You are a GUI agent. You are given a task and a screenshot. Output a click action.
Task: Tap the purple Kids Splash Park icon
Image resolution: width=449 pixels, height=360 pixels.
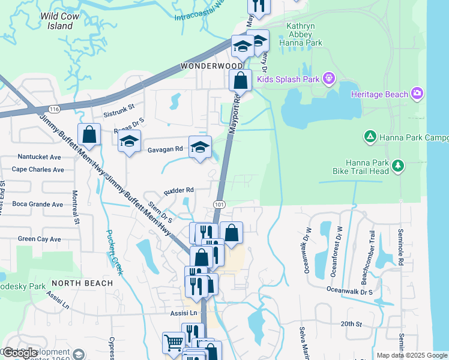coord(328,79)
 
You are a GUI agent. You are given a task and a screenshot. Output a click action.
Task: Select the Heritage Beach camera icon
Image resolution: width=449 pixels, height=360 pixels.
coord(418,94)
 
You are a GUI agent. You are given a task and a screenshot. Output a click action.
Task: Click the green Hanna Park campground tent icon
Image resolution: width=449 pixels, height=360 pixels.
coord(370,137)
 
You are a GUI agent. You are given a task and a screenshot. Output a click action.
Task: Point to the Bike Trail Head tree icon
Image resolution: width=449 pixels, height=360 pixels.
coord(396,166)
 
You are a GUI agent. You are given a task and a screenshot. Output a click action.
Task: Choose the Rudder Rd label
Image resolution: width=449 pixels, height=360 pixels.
coord(179,190)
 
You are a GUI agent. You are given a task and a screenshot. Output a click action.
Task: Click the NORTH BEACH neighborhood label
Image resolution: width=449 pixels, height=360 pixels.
coord(82,283)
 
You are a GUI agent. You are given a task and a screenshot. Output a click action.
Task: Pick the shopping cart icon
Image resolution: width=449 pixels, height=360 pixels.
coord(173,343)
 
